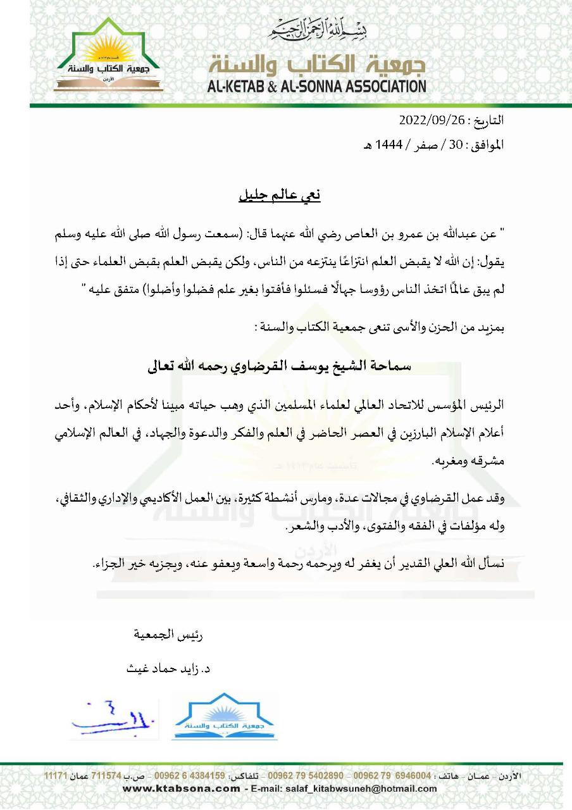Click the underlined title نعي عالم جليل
(280, 195)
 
